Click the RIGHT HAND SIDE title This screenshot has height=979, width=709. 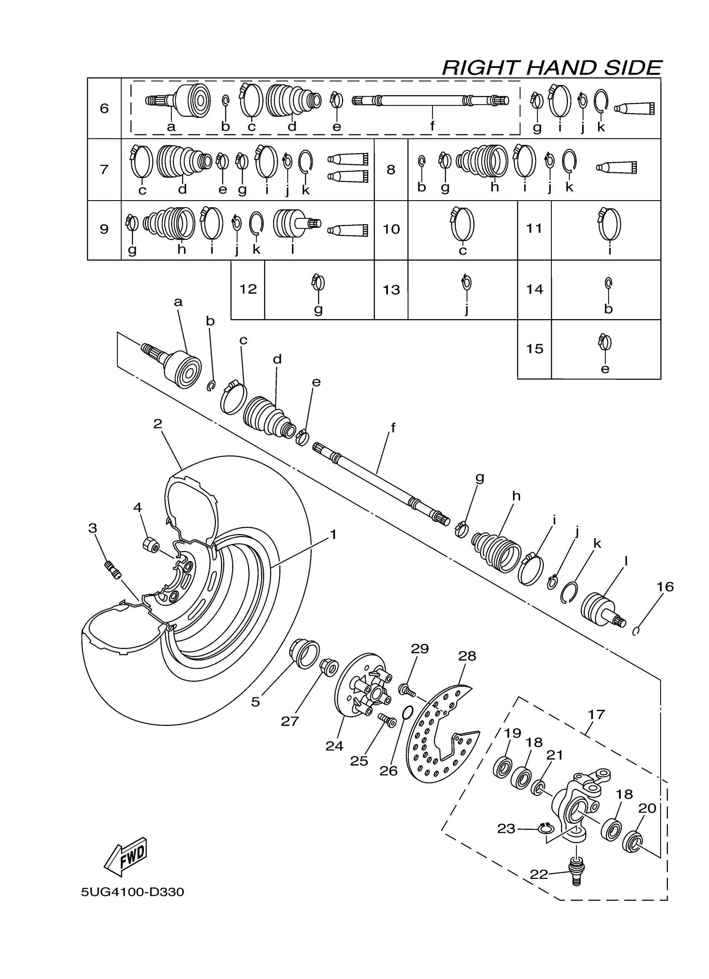[x=551, y=68]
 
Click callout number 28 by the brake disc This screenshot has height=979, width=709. [x=467, y=656]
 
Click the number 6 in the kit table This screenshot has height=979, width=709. [x=104, y=108]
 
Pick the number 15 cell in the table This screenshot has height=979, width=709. [x=534, y=349]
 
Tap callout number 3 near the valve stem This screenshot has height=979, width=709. [x=93, y=528]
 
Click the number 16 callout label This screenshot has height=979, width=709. [x=665, y=586]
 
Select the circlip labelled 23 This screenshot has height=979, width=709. [x=546, y=828]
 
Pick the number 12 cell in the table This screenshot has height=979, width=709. [x=248, y=289]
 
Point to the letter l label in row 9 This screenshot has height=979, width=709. [x=293, y=249]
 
